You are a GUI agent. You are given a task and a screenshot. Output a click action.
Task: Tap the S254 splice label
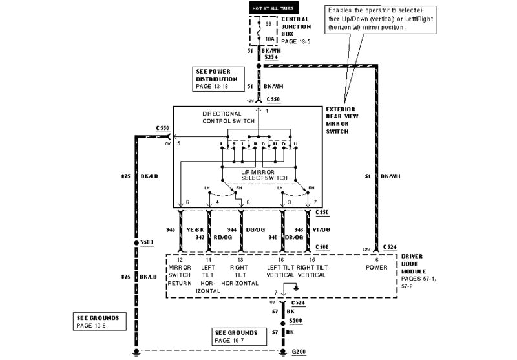pos(271,57)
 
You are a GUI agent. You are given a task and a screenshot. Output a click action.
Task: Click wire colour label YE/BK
pos(195,229)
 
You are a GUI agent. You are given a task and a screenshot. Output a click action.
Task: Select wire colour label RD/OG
pos(223,237)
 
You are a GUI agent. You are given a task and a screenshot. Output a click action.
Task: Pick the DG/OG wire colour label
pos(255,229)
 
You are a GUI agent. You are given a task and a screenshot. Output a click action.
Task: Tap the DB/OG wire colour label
pos(294,237)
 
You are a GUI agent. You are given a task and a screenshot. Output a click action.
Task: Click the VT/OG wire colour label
pos(321,229)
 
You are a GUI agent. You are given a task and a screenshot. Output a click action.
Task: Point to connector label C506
pos(322,246)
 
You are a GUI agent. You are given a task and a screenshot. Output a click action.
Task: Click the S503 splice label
pos(148,243)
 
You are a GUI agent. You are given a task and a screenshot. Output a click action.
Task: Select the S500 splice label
pos(296,321)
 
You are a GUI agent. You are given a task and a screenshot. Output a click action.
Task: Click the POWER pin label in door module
pos(376,267)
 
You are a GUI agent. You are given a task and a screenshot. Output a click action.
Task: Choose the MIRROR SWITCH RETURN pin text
pos(179,275)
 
